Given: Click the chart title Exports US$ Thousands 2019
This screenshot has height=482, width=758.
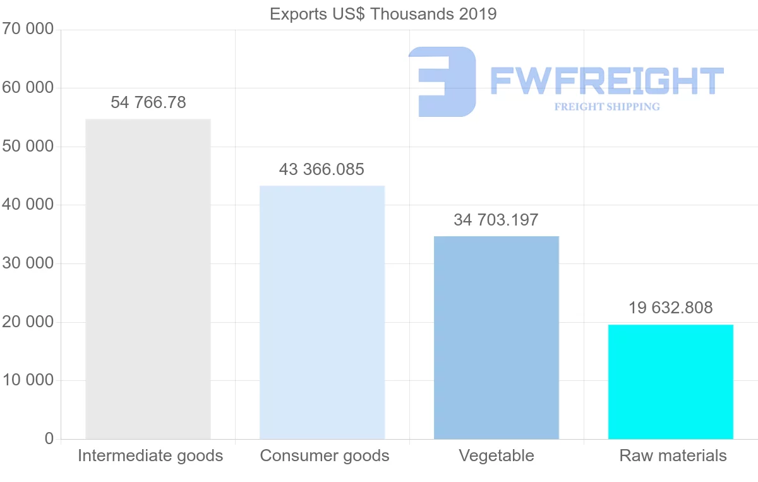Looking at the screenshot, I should click(383, 14).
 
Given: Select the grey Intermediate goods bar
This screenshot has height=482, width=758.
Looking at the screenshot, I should click(148, 279).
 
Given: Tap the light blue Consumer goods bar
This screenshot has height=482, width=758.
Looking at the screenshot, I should click(322, 312).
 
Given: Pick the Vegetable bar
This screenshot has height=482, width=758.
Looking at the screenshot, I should click(496, 337).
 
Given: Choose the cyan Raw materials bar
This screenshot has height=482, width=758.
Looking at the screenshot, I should click(671, 382).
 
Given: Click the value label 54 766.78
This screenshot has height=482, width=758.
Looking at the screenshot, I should click(148, 102).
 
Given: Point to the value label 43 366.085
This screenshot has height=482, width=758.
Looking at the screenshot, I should click(322, 169).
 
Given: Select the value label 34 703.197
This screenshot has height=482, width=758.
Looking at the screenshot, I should click(496, 220).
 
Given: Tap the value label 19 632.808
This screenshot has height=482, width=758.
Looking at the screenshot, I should click(670, 308).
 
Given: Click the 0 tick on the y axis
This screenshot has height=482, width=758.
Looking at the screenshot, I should click(49, 439).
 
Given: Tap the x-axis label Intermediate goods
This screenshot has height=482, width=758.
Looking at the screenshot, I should click(150, 455).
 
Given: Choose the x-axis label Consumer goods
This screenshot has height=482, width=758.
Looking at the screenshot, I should click(325, 455).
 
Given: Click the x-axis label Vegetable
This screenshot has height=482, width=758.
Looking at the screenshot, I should click(496, 455).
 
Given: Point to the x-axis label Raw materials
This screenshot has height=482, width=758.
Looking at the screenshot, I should click(673, 455).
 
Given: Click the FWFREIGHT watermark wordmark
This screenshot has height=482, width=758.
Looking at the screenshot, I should click(606, 81).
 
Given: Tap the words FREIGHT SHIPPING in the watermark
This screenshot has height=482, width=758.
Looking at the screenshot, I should click(607, 107).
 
